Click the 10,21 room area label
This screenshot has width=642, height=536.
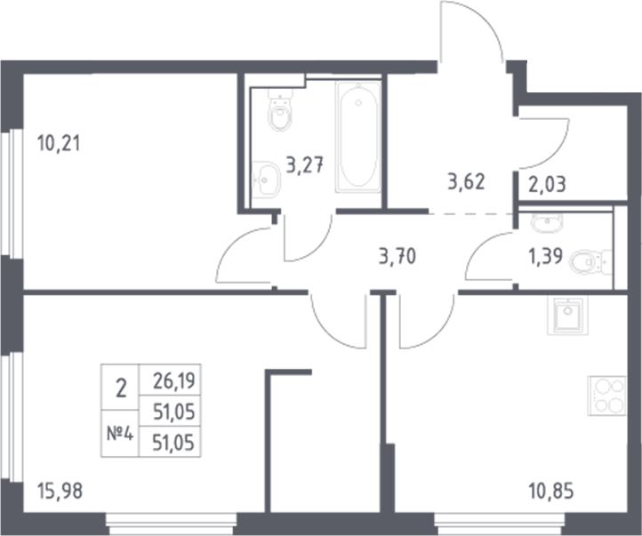point(59,142)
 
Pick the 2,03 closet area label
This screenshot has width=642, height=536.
point(549,187)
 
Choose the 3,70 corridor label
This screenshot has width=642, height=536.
point(397,259)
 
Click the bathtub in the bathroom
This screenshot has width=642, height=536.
point(358,135)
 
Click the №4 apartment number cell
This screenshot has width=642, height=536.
point(122,436)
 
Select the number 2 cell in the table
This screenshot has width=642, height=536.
point(122,387)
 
